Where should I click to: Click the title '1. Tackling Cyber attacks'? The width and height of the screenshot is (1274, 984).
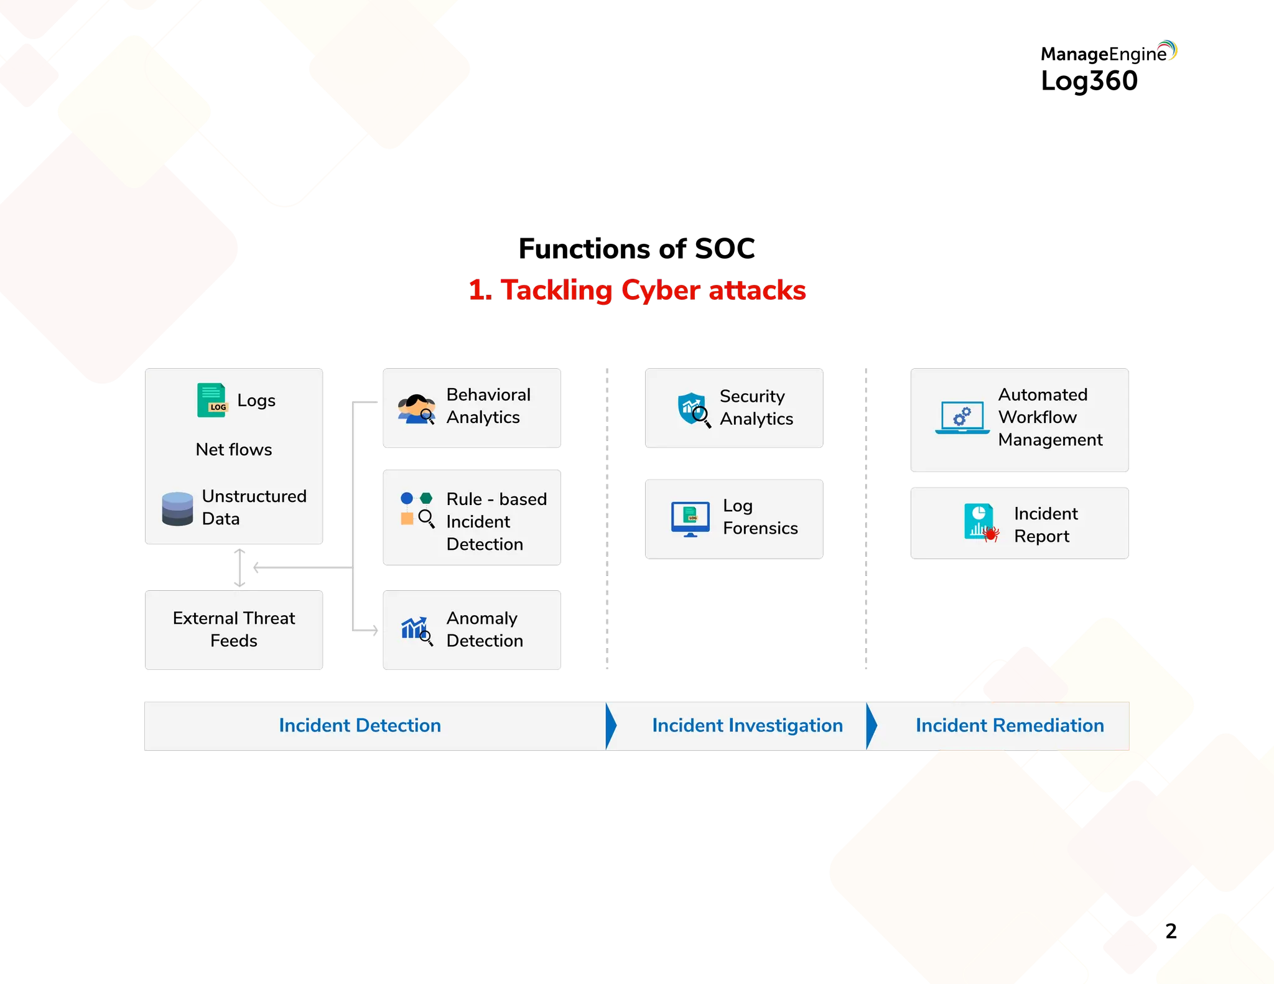(x=636, y=290)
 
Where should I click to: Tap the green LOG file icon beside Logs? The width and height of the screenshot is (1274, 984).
(x=212, y=400)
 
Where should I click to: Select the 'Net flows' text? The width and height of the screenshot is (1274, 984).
(x=234, y=449)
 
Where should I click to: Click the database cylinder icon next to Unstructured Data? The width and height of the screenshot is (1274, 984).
(x=177, y=508)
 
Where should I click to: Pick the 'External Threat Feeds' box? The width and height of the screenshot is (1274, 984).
(x=234, y=629)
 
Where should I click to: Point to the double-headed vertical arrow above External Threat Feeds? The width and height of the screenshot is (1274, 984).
(x=240, y=567)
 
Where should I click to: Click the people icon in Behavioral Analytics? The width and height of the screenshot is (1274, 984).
(x=416, y=409)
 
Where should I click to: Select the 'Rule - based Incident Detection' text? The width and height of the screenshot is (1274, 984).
(x=496, y=521)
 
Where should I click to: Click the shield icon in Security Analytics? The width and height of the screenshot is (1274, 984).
(x=692, y=409)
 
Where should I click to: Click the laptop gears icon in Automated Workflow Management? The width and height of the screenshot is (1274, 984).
(x=962, y=417)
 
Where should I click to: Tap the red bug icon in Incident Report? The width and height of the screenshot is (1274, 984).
(x=991, y=534)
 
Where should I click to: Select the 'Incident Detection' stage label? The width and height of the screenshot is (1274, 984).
(x=360, y=725)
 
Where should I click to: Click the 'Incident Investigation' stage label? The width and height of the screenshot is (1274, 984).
(x=747, y=725)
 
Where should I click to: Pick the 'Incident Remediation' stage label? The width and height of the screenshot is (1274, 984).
(x=1009, y=725)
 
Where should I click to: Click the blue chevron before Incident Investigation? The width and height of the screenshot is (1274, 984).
(x=611, y=725)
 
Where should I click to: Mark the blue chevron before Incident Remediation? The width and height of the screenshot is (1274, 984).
(x=872, y=725)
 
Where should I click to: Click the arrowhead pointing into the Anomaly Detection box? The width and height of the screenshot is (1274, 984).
(x=374, y=630)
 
